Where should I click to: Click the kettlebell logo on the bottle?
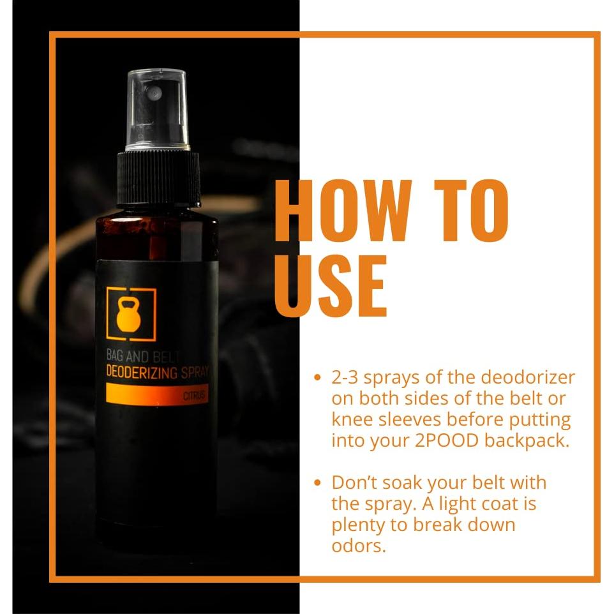tap(131, 313)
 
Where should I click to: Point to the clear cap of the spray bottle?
tap(157, 109)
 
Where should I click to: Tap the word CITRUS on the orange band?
tap(195, 396)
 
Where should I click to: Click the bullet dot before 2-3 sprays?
tap(318, 378)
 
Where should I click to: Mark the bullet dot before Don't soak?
tap(318, 483)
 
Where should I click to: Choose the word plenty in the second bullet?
tap(359, 525)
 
